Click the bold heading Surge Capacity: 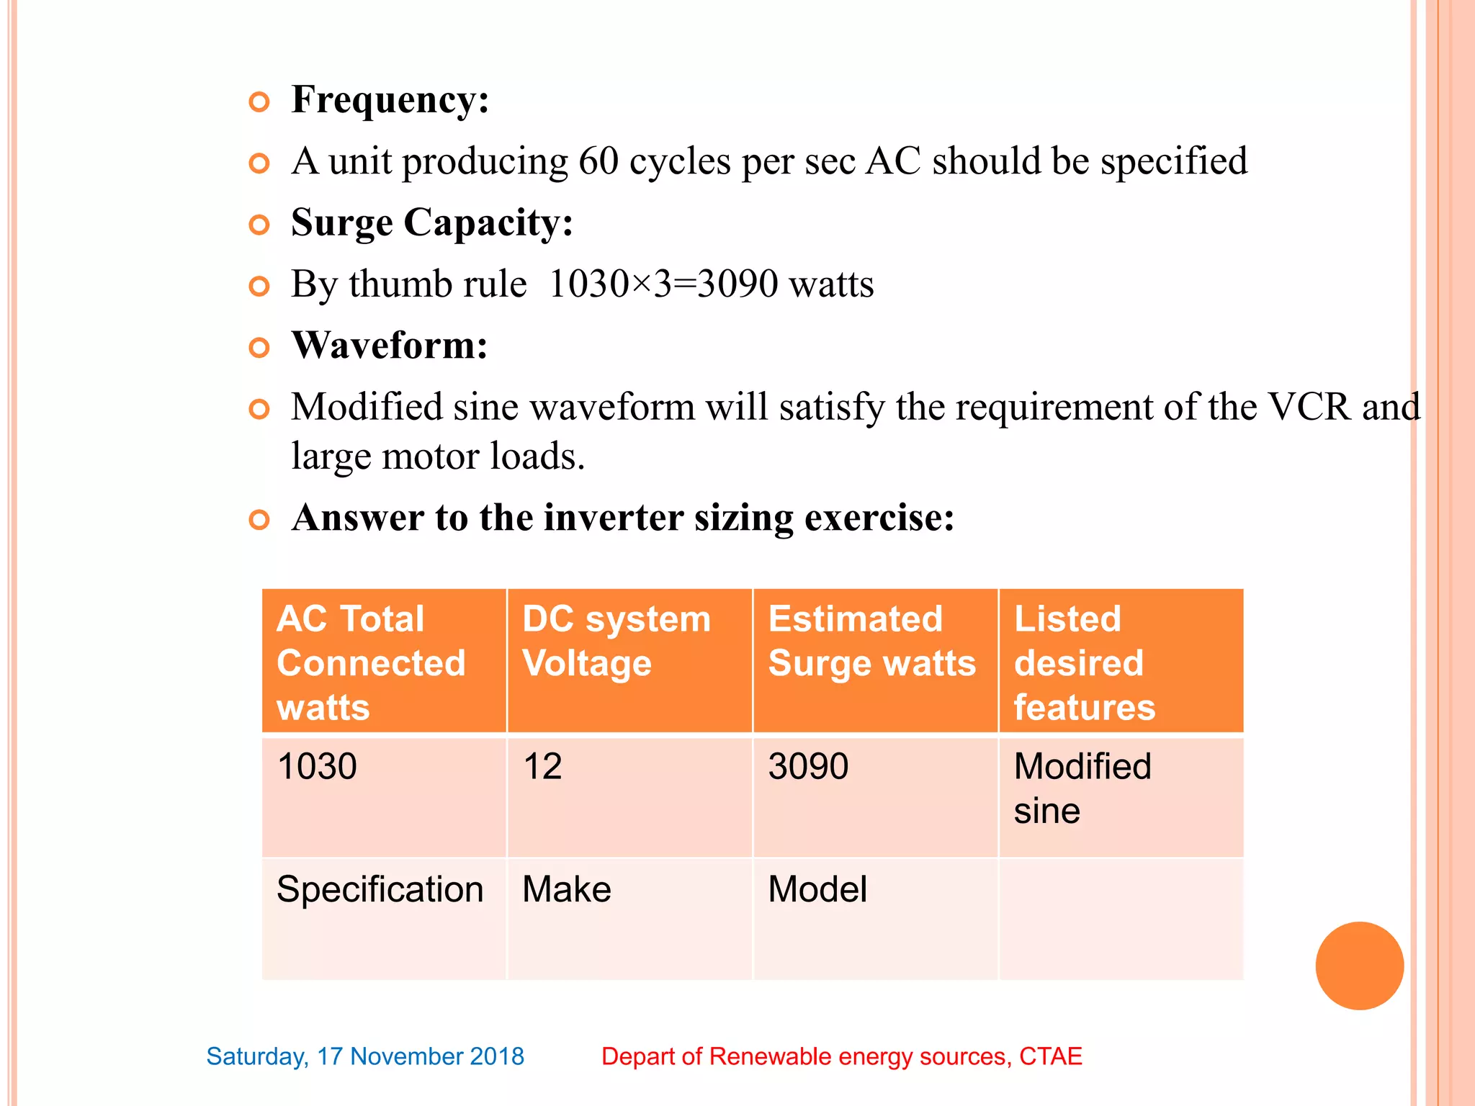click(432, 222)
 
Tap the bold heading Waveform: click(390, 346)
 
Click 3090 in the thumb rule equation click(737, 284)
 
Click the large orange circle click(1359, 966)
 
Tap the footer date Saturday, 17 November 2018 click(365, 1056)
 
